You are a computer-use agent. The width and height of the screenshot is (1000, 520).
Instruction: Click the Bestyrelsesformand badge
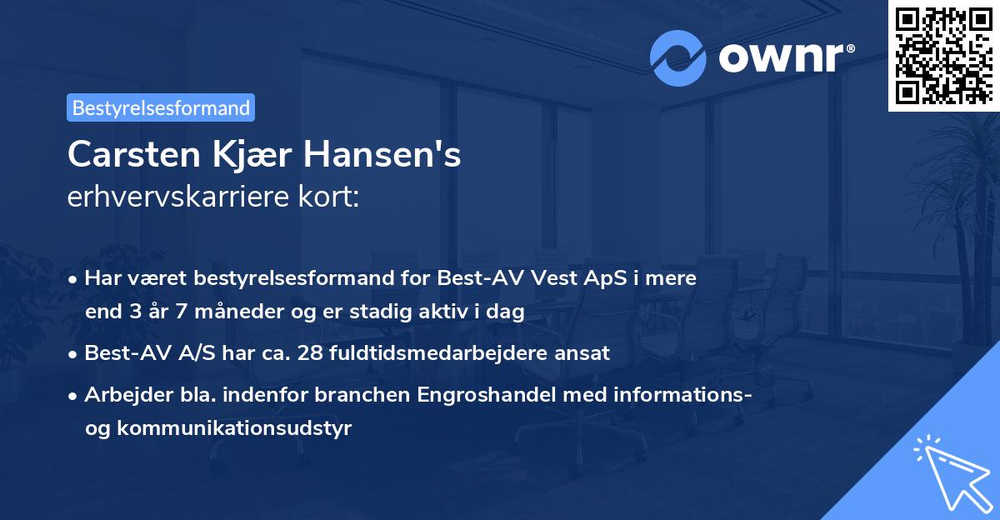[161, 107]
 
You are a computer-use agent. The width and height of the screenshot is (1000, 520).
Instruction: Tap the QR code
[943, 55]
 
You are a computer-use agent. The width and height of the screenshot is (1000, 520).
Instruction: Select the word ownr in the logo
[779, 57]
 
